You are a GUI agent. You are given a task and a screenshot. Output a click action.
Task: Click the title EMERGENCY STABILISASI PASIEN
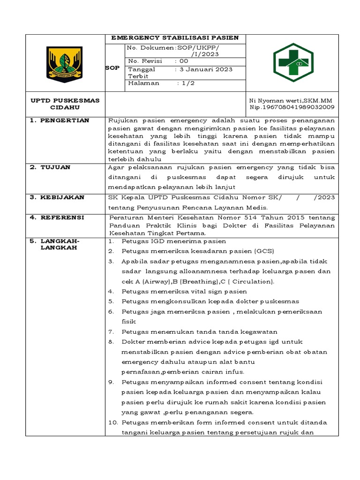pyautogui.click(x=175, y=38)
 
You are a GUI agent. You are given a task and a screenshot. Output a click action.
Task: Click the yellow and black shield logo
pyautogui.click(x=65, y=64)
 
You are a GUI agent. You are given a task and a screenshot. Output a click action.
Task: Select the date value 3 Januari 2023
pyautogui.click(x=203, y=69)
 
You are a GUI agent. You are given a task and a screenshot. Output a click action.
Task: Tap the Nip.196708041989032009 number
pyautogui.click(x=292, y=107)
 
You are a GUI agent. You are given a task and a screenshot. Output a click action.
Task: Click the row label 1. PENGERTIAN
pyautogui.click(x=60, y=120)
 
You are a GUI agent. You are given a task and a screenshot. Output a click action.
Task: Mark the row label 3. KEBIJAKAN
pyautogui.click(x=57, y=197)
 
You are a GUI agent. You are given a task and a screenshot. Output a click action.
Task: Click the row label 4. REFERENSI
pyautogui.click(x=57, y=217)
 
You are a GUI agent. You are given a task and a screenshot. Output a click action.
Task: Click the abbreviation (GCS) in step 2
pyautogui.click(x=263, y=251)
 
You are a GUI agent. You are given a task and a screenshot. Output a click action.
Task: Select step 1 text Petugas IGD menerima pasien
pyautogui.click(x=173, y=241)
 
